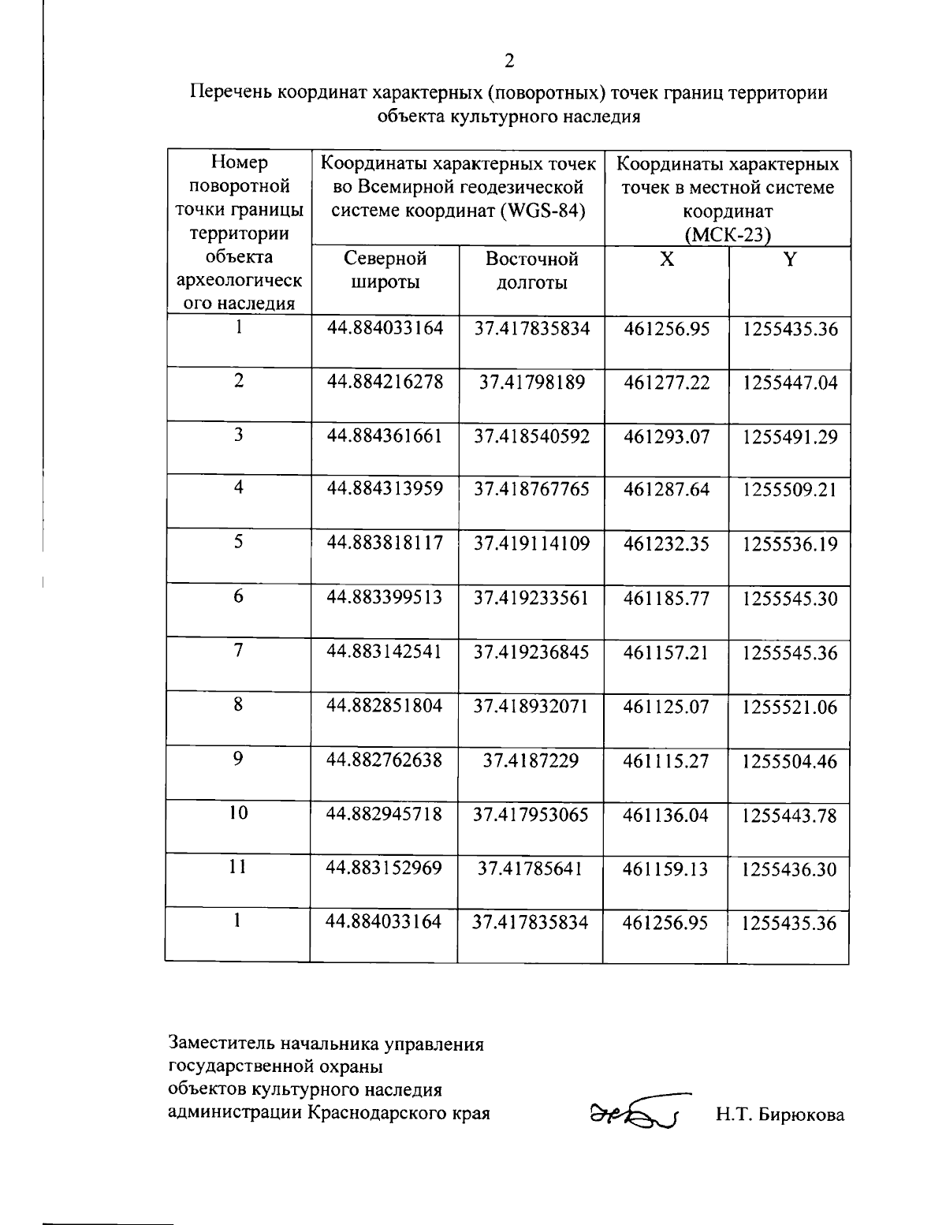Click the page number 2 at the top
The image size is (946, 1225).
(x=509, y=61)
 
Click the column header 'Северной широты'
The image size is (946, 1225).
(x=385, y=271)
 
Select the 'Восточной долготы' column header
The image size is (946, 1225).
(x=531, y=271)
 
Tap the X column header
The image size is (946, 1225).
(x=666, y=260)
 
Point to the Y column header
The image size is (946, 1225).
(x=789, y=260)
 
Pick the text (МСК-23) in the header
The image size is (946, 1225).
(x=727, y=234)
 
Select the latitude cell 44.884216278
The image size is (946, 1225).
(x=385, y=383)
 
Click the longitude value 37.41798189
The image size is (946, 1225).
(x=532, y=383)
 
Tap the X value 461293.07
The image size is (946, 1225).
(x=666, y=437)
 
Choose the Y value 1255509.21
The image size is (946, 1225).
(x=789, y=491)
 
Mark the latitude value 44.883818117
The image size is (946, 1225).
(x=385, y=543)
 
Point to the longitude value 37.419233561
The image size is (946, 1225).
(x=531, y=598)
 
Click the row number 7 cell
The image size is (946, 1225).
(x=238, y=651)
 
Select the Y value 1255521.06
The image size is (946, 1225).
(x=789, y=708)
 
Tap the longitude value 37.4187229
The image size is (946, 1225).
(x=531, y=760)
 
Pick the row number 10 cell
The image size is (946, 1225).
(x=238, y=813)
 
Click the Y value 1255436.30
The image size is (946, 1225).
(x=789, y=870)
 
